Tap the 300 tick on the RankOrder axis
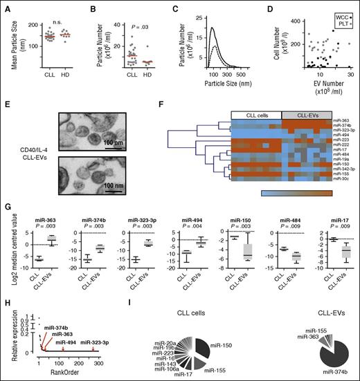click(98, 362)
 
